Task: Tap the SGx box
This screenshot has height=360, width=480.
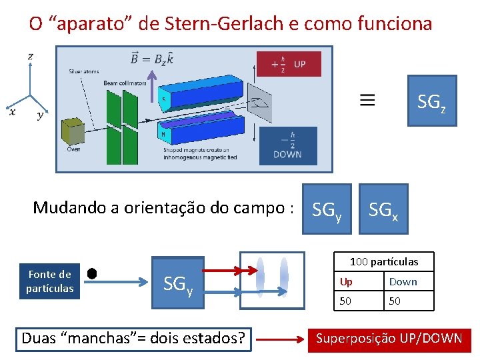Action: (x=383, y=209)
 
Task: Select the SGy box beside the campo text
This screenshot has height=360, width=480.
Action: (x=327, y=209)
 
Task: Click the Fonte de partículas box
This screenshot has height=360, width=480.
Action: (x=50, y=281)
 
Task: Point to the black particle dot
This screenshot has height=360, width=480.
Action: (x=92, y=273)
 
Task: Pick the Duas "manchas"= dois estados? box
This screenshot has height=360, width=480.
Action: (x=133, y=339)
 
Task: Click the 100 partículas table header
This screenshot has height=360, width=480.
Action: (x=384, y=261)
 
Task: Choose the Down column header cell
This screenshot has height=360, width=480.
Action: (x=409, y=281)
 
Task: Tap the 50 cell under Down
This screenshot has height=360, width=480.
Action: (x=409, y=301)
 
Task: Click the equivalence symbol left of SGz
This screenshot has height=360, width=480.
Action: (x=367, y=100)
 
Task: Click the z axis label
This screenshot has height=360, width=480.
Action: (x=31, y=57)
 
